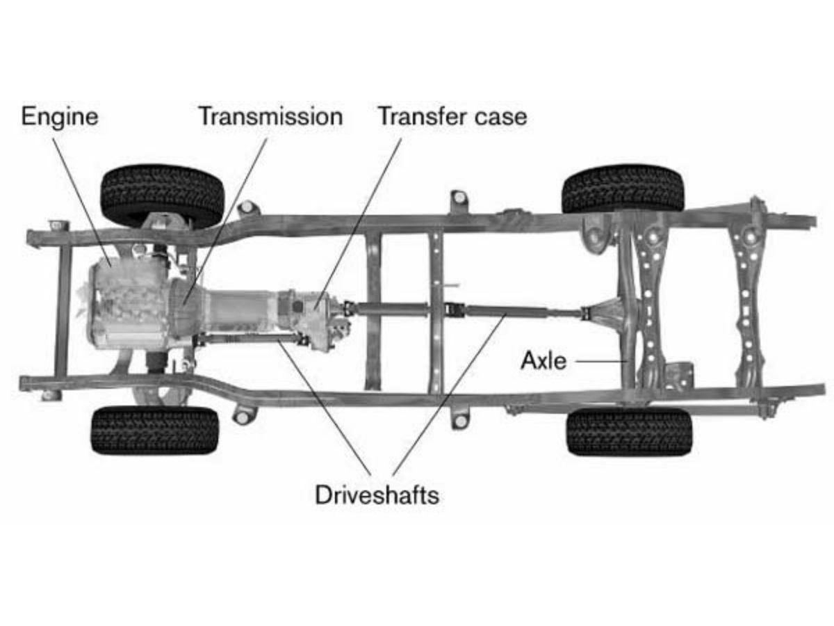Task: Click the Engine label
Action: [x=59, y=117]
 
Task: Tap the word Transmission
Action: [x=270, y=117]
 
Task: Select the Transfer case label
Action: [x=452, y=117]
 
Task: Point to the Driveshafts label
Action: [x=377, y=495]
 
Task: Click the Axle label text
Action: [x=543, y=361]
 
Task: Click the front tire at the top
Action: [x=163, y=195]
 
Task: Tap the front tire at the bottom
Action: [x=154, y=431]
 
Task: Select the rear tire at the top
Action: [x=623, y=188]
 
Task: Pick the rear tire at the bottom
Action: [x=629, y=431]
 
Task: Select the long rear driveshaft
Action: [x=507, y=311]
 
